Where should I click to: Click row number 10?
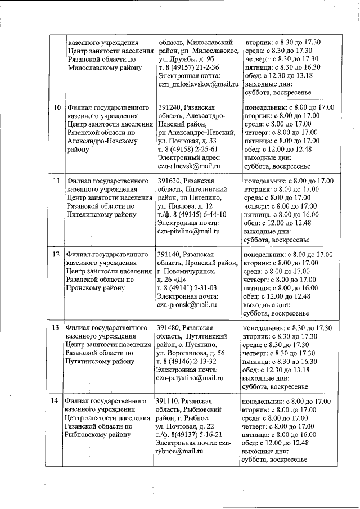tap(57, 107)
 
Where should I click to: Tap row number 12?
tap(56, 254)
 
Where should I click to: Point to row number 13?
tap(56, 328)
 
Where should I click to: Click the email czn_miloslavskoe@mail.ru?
tap(199, 84)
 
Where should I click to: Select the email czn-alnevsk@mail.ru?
tap(188, 166)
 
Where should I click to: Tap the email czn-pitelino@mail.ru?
tap(188, 231)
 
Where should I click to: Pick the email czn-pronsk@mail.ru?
tap(187, 305)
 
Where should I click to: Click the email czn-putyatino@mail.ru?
tap(190, 379)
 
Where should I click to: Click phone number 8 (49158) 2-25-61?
tap(192, 149)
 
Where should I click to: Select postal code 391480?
tap(170, 328)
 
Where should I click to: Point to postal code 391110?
tap(169, 401)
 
